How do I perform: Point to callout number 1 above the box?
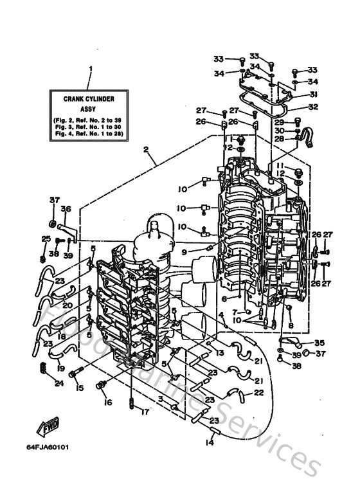click(x=91, y=69)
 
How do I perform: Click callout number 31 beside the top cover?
click(x=314, y=95)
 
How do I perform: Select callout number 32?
click(x=314, y=107)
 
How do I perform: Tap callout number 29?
click(x=279, y=122)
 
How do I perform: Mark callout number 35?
click(x=319, y=343)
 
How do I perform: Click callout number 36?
click(x=65, y=208)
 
